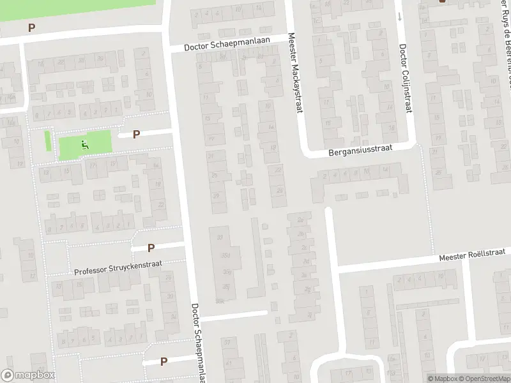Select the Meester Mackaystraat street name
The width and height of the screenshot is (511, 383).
tap(294, 74)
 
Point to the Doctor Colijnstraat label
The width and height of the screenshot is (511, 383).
tap(404, 80)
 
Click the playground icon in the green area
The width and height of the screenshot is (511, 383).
tap(84, 145)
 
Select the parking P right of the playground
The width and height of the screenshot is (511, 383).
tap(136, 134)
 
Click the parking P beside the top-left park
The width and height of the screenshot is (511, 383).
tap(31, 28)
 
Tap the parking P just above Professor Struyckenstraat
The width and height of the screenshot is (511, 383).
tap(151, 248)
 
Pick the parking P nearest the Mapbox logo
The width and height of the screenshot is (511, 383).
tap(164, 361)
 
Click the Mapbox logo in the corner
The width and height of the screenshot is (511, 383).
tap(27, 376)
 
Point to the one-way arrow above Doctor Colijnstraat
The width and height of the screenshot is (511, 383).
tap(400, 16)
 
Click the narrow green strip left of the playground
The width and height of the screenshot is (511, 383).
tap(48, 140)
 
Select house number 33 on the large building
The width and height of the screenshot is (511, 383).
tap(220, 237)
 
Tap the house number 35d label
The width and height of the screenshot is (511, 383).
tap(225, 256)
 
